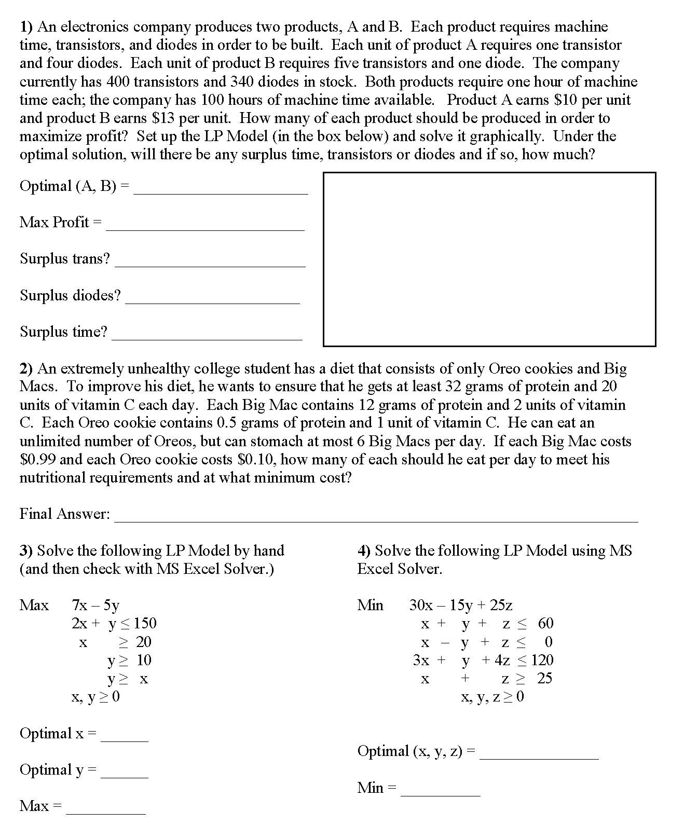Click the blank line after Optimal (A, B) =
pos(221,190)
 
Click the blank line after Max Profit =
pos(205,226)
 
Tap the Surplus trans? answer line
pos(210,263)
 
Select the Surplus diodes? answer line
pos(213,299)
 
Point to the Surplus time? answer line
pos(207,336)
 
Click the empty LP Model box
pos(489,259)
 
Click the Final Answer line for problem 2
pos(376,517)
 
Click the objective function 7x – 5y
pos(95,605)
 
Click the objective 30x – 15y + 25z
pos(460,605)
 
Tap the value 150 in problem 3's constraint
pos(145,623)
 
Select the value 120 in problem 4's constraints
pos(542,660)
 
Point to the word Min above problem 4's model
pos(370,605)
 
